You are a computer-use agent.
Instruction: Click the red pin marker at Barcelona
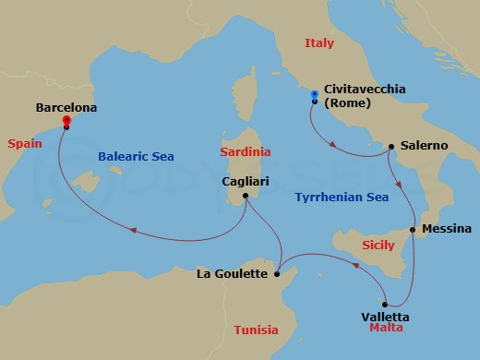pyautogui.click(x=66, y=121)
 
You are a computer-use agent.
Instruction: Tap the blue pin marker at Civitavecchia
pyautogui.click(x=315, y=95)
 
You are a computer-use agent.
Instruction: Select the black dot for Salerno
pyautogui.click(x=391, y=146)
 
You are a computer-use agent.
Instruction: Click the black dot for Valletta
pyautogui.click(x=385, y=304)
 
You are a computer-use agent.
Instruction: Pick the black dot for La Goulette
pyautogui.click(x=278, y=273)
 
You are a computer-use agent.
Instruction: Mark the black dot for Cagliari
pyautogui.click(x=246, y=196)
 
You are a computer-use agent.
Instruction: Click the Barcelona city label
pyautogui.click(x=66, y=107)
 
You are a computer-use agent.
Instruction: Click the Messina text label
pyautogui.click(x=446, y=228)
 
